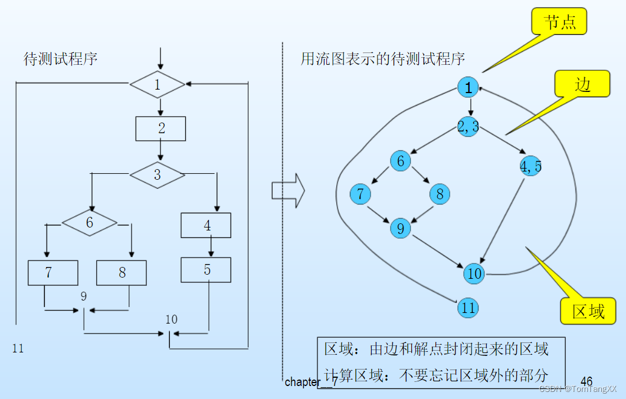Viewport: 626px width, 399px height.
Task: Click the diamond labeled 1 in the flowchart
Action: pyautogui.click(x=158, y=85)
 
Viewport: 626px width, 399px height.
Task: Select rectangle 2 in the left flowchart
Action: pyautogui.click(x=160, y=128)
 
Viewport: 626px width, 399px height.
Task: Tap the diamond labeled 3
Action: pyautogui.click(x=158, y=175)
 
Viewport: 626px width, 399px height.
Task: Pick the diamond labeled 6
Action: pyautogui.click(x=90, y=223)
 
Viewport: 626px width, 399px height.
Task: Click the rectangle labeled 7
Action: pyautogui.click(x=53, y=273)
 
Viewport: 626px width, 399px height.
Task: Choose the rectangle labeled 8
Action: pyautogui.click(x=122, y=273)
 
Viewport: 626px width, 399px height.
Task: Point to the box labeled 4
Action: pyautogui.click(x=206, y=225)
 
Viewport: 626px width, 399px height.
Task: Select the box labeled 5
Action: pyautogui.click(x=206, y=270)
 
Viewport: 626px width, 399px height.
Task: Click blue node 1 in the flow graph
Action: pyautogui.click(x=468, y=88)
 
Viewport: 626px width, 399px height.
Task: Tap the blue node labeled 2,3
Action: pyautogui.click(x=468, y=126)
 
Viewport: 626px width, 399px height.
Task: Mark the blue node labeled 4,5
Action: pyautogui.click(x=530, y=166)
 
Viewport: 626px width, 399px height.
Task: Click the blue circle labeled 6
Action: pyautogui.click(x=400, y=161)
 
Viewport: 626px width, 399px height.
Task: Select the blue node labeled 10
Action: pyautogui.click(x=474, y=273)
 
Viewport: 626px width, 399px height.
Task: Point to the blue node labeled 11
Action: pyautogui.click(x=468, y=307)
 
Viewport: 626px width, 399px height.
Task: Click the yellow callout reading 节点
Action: pyautogui.click(x=558, y=21)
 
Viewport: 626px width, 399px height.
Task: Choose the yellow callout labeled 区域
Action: pyautogui.click(x=588, y=311)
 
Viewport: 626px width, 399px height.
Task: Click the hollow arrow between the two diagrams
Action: pyautogui.click(x=287, y=190)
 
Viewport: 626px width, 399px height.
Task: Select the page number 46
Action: pyautogui.click(x=586, y=381)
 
